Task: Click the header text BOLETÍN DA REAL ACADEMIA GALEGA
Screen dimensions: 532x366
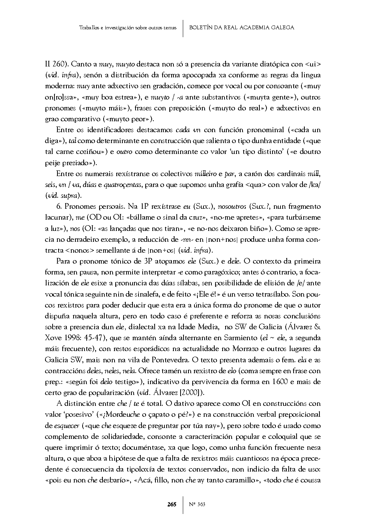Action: click(x=242, y=27)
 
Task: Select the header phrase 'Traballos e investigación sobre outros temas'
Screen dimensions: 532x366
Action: click(x=128, y=28)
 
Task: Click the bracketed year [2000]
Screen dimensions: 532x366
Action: click(x=191, y=393)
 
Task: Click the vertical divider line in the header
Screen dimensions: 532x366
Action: click(x=183, y=28)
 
